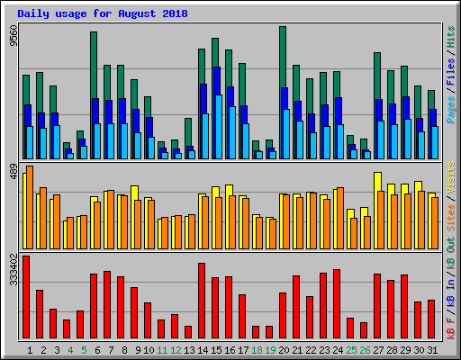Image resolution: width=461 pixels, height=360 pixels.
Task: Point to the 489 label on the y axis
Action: (13, 171)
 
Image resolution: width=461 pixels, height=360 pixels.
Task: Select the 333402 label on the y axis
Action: (13, 269)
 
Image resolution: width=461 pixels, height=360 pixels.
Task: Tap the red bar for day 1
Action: (26, 297)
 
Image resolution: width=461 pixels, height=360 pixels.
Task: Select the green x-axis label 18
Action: (257, 349)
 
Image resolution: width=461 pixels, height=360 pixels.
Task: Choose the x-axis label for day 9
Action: (135, 349)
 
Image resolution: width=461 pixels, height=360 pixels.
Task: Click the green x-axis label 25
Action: (351, 349)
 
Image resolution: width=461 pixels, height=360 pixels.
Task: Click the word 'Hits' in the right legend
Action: (451, 37)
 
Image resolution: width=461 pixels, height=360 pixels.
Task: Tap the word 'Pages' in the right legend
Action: (451, 109)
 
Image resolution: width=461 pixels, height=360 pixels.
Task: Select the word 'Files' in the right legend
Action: (451, 74)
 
